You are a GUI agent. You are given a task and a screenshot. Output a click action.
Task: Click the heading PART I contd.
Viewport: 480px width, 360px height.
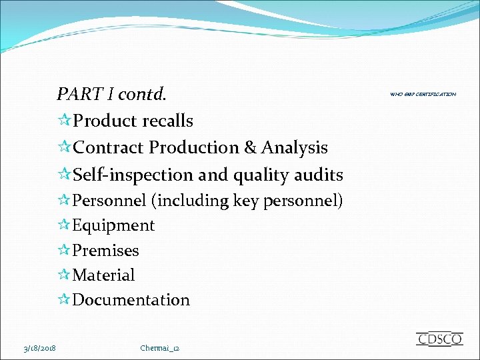coord(111,94)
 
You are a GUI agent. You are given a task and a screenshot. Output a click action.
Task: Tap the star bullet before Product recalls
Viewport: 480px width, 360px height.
coord(64,121)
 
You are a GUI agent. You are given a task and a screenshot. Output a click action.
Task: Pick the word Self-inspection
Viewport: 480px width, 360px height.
coord(133,175)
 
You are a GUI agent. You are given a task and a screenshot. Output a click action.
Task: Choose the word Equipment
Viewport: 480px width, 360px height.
coord(113,225)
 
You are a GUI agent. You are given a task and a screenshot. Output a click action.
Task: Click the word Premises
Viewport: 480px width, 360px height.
coord(105,250)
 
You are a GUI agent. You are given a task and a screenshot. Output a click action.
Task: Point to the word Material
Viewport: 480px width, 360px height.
coord(103,275)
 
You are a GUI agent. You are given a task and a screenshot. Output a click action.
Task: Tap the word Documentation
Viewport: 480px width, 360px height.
coord(131,300)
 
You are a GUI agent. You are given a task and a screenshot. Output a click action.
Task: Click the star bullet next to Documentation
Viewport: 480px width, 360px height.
coord(64,300)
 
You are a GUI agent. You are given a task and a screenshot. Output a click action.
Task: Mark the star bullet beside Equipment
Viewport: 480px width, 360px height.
coord(64,225)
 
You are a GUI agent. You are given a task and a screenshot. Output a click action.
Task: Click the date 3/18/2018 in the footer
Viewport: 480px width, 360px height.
coord(39,348)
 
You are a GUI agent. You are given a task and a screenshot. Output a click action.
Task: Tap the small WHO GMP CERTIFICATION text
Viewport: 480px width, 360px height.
coord(423,95)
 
